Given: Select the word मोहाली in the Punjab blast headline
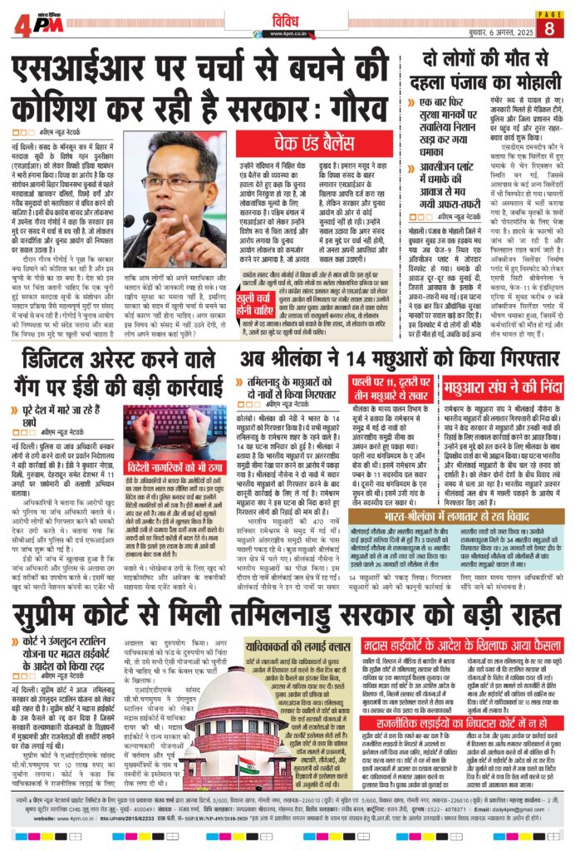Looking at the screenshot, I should pos(519,87).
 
